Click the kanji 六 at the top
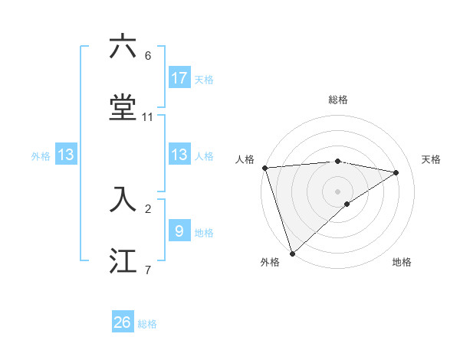pos(123,47)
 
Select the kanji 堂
pos(123,108)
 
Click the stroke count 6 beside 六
pos(147,56)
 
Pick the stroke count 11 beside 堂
pos(148,117)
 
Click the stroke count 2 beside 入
pos(147,208)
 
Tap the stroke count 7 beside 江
pos(147,270)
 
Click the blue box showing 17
pos(179,77)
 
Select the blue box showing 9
pos(179,231)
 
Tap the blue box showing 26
pos(123,322)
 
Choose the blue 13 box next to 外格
pos(66,155)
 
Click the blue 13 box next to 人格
pos(179,155)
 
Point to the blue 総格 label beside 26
pos(147,324)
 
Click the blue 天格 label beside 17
pos(204,79)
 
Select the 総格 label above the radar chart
pos(338,100)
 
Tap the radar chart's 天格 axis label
pos(432,159)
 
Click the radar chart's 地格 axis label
pos(402,262)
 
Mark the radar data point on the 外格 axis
pos(291,253)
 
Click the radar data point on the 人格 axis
pos(264,168)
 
